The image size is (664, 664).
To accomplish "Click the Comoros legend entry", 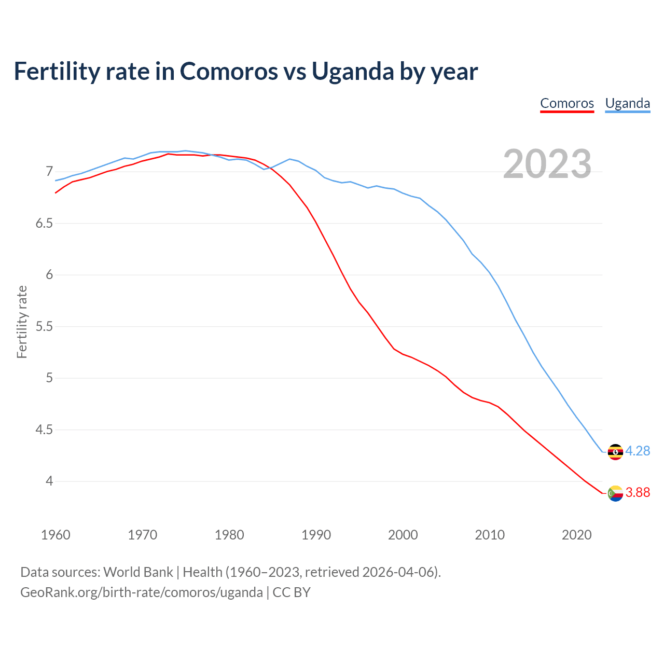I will pyautogui.click(x=566, y=103).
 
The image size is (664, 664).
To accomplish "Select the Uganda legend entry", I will pyautogui.click(x=627, y=103).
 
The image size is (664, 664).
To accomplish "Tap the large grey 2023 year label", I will pyautogui.click(x=547, y=164).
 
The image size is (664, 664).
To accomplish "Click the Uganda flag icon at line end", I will pyautogui.click(x=615, y=452).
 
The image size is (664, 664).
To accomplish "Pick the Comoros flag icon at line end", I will pyautogui.click(x=615, y=493).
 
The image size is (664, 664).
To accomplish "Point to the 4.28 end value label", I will pyautogui.click(x=638, y=451).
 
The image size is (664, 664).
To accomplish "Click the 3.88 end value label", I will pyautogui.click(x=638, y=493).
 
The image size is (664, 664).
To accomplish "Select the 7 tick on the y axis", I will pyautogui.click(x=49, y=172).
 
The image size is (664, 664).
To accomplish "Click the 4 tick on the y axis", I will pyautogui.click(x=49, y=481).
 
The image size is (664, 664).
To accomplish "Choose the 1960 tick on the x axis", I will pyautogui.click(x=56, y=535).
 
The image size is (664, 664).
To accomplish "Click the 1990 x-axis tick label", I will pyautogui.click(x=316, y=535).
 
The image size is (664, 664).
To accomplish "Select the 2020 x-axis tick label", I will pyautogui.click(x=576, y=535).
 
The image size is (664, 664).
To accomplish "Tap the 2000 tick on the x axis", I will pyautogui.click(x=403, y=535).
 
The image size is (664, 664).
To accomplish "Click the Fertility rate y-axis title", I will pyautogui.click(x=22, y=322).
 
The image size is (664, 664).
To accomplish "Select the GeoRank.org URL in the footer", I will pyautogui.click(x=141, y=592).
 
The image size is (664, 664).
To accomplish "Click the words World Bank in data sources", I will pyautogui.click(x=138, y=572).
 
